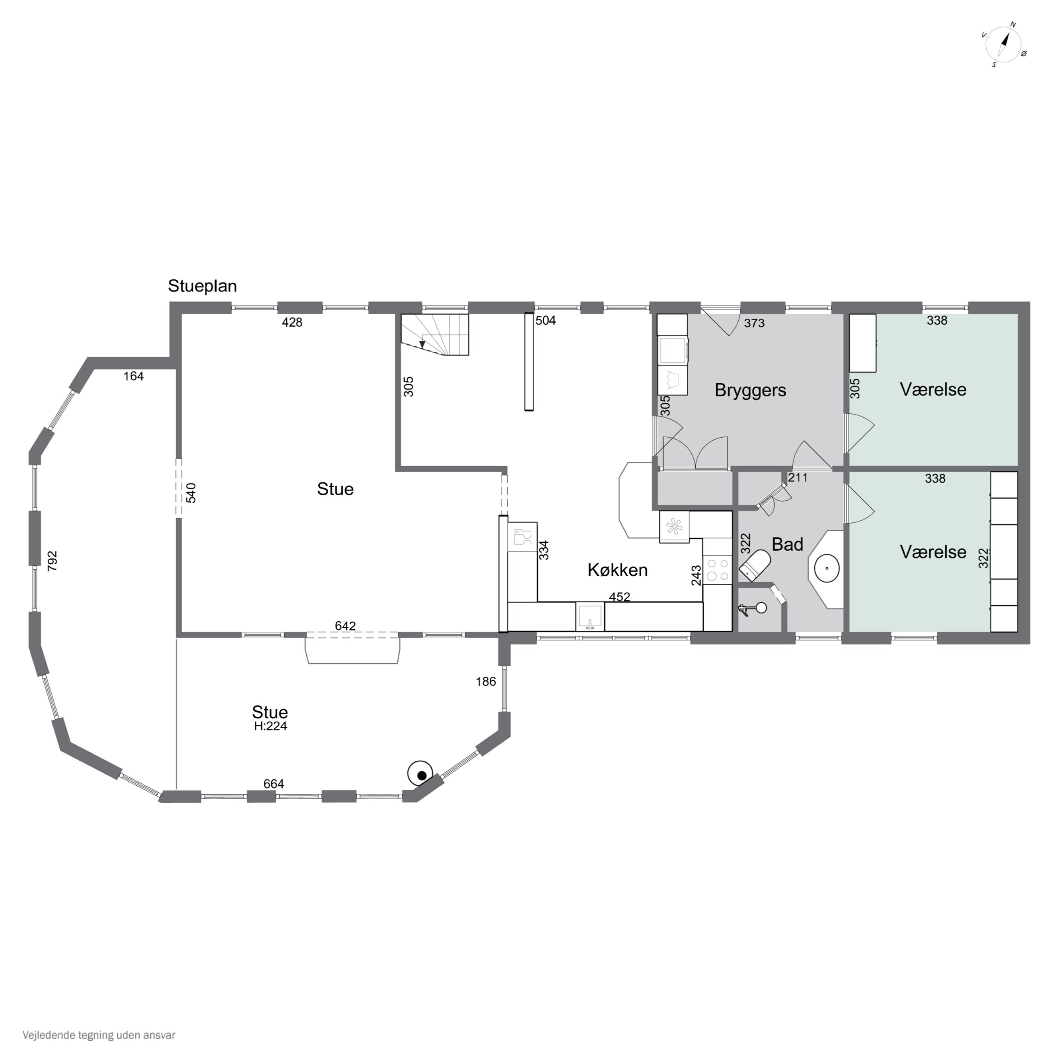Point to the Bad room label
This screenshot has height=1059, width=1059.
coord(787,544)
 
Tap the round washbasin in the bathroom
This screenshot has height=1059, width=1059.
coord(827,568)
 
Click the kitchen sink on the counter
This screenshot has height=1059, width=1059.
coord(590,617)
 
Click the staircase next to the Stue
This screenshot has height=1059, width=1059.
coord(435,334)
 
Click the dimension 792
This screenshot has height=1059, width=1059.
coord(53,561)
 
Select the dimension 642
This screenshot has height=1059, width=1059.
coord(345,626)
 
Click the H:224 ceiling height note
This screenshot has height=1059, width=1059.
coord(270,726)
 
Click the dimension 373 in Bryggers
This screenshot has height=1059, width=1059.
coord(754,323)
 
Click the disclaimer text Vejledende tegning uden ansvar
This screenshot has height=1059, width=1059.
coord(99,1035)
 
